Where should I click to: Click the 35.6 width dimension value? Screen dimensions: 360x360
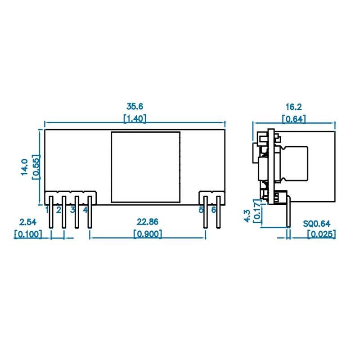click(x=135, y=107)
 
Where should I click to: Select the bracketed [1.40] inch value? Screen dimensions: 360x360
click(x=135, y=118)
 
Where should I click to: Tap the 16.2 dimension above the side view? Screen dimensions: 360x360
click(x=293, y=107)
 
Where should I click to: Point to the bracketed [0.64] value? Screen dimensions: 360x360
click(x=293, y=119)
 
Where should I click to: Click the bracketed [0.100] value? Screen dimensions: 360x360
click(x=28, y=234)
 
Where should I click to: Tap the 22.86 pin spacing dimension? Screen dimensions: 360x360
click(x=148, y=222)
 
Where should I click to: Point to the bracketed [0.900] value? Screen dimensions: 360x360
click(x=148, y=234)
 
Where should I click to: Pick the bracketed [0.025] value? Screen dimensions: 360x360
click(x=321, y=234)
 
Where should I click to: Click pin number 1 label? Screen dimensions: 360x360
click(x=47, y=210)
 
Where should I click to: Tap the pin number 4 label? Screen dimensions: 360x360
click(x=85, y=210)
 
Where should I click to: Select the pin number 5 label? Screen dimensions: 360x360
click(x=202, y=210)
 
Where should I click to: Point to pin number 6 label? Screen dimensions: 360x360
click(x=214, y=210)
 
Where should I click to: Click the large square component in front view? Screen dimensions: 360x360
click(x=145, y=166)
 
